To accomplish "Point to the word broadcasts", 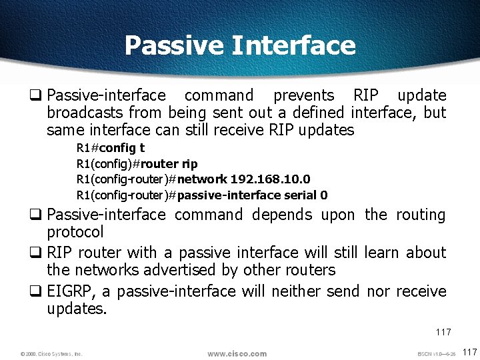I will (x=85, y=113).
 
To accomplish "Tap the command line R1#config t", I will (x=111, y=147).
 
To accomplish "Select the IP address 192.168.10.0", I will (x=270, y=179).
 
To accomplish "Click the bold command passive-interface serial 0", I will (x=253, y=195).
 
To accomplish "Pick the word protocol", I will (x=75, y=232).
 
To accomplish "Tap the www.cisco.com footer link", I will (x=237, y=353).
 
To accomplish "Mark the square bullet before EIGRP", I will (x=39, y=291).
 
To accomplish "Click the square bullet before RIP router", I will (x=39, y=253).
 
